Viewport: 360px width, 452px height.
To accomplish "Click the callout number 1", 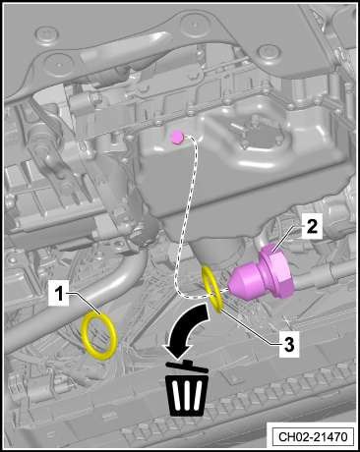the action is (x=59, y=295).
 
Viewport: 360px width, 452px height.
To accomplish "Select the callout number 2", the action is (x=312, y=226).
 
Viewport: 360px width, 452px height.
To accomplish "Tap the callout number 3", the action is (x=288, y=346).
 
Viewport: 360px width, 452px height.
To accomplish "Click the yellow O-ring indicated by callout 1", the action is (x=99, y=336).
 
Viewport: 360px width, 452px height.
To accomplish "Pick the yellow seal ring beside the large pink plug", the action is (x=212, y=288).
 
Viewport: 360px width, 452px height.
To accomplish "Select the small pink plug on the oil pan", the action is (x=177, y=137).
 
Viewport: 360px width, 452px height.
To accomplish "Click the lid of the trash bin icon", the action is (x=187, y=367).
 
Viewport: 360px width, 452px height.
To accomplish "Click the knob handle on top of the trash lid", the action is (x=188, y=363).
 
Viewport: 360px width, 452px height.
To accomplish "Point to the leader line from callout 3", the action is (x=250, y=327).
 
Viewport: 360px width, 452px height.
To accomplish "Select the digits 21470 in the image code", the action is (x=330, y=436).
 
